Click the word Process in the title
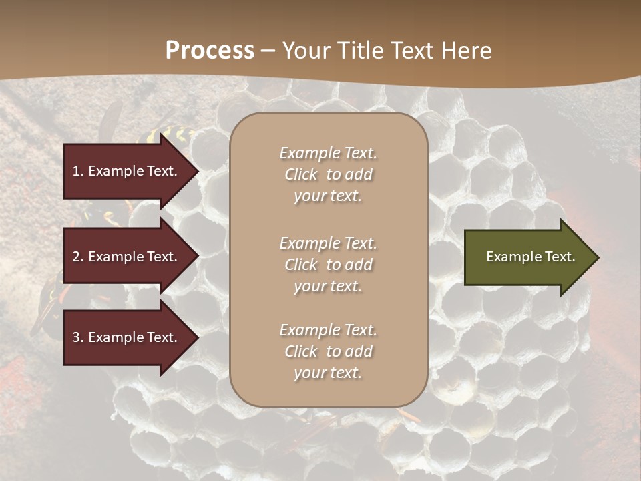tap(210, 50)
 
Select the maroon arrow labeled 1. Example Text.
tap(127, 171)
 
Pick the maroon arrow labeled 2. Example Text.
tap(127, 257)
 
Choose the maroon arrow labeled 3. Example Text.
tap(127, 337)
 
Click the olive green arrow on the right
tap(527, 257)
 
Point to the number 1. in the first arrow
tap(78, 171)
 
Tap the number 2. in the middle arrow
tap(78, 257)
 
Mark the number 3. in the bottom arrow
tap(78, 337)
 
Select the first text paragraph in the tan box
tap(328, 174)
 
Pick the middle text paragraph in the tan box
tap(328, 265)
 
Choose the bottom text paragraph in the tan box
tap(328, 351)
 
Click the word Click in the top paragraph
tap(301, 174)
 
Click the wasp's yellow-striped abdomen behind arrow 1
tap(160, 138)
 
